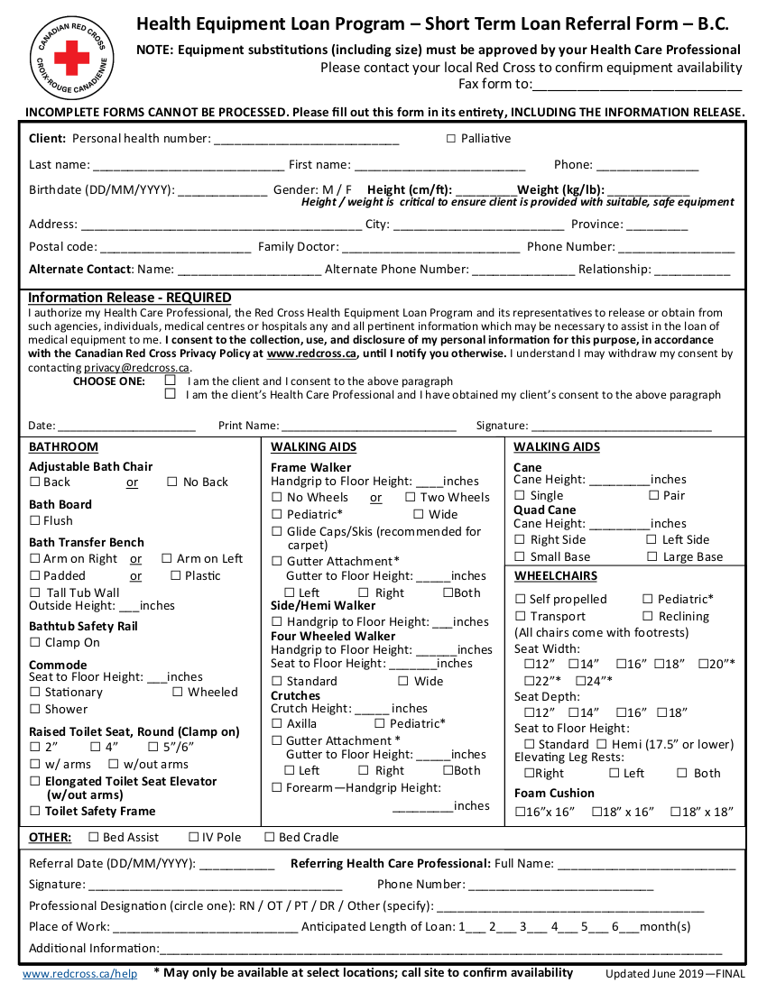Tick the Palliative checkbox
click(x=451, y=139)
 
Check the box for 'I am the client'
click(x=170, y=381)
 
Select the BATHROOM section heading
click(x=63, y=447)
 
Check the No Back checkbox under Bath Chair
click(x=172, y=482)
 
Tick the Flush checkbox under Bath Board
click(x=35, y=520)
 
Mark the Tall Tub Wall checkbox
click(x=35, y=592)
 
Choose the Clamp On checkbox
click(x=35, y=643)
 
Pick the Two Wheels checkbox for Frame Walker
click(x=410, y=497)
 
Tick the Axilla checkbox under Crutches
click(x=277, y=723)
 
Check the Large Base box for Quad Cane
click(x=652, y=557)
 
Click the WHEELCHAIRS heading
click(x=556, y=576)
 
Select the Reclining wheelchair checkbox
click(x=648, y=617)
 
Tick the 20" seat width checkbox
click(x=703, y=665)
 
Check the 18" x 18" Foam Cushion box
click(x=676, y=813)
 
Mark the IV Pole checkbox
click(x=193, y=838)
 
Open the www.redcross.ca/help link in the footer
click(x=79, y=974)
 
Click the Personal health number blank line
click(x=306, y=140)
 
